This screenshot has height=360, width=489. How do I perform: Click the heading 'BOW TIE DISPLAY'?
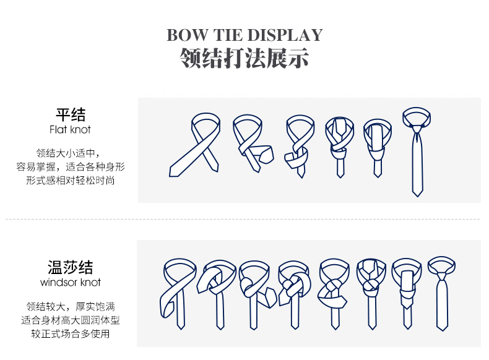tap(244, 35)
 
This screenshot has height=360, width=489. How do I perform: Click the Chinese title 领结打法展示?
tap(244, 58)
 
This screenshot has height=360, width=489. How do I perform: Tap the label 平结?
tap(71, 114)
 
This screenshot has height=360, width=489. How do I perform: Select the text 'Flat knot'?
tap(70, 130)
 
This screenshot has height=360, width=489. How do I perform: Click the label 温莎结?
tap(70, 267)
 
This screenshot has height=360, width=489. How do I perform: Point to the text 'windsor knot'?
tap(70, 283)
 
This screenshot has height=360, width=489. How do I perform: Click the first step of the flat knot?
tap(195, 144)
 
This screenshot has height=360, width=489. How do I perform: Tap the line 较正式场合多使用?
tap(71, 334)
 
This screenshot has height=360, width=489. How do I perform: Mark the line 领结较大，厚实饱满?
tap(71, 306)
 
